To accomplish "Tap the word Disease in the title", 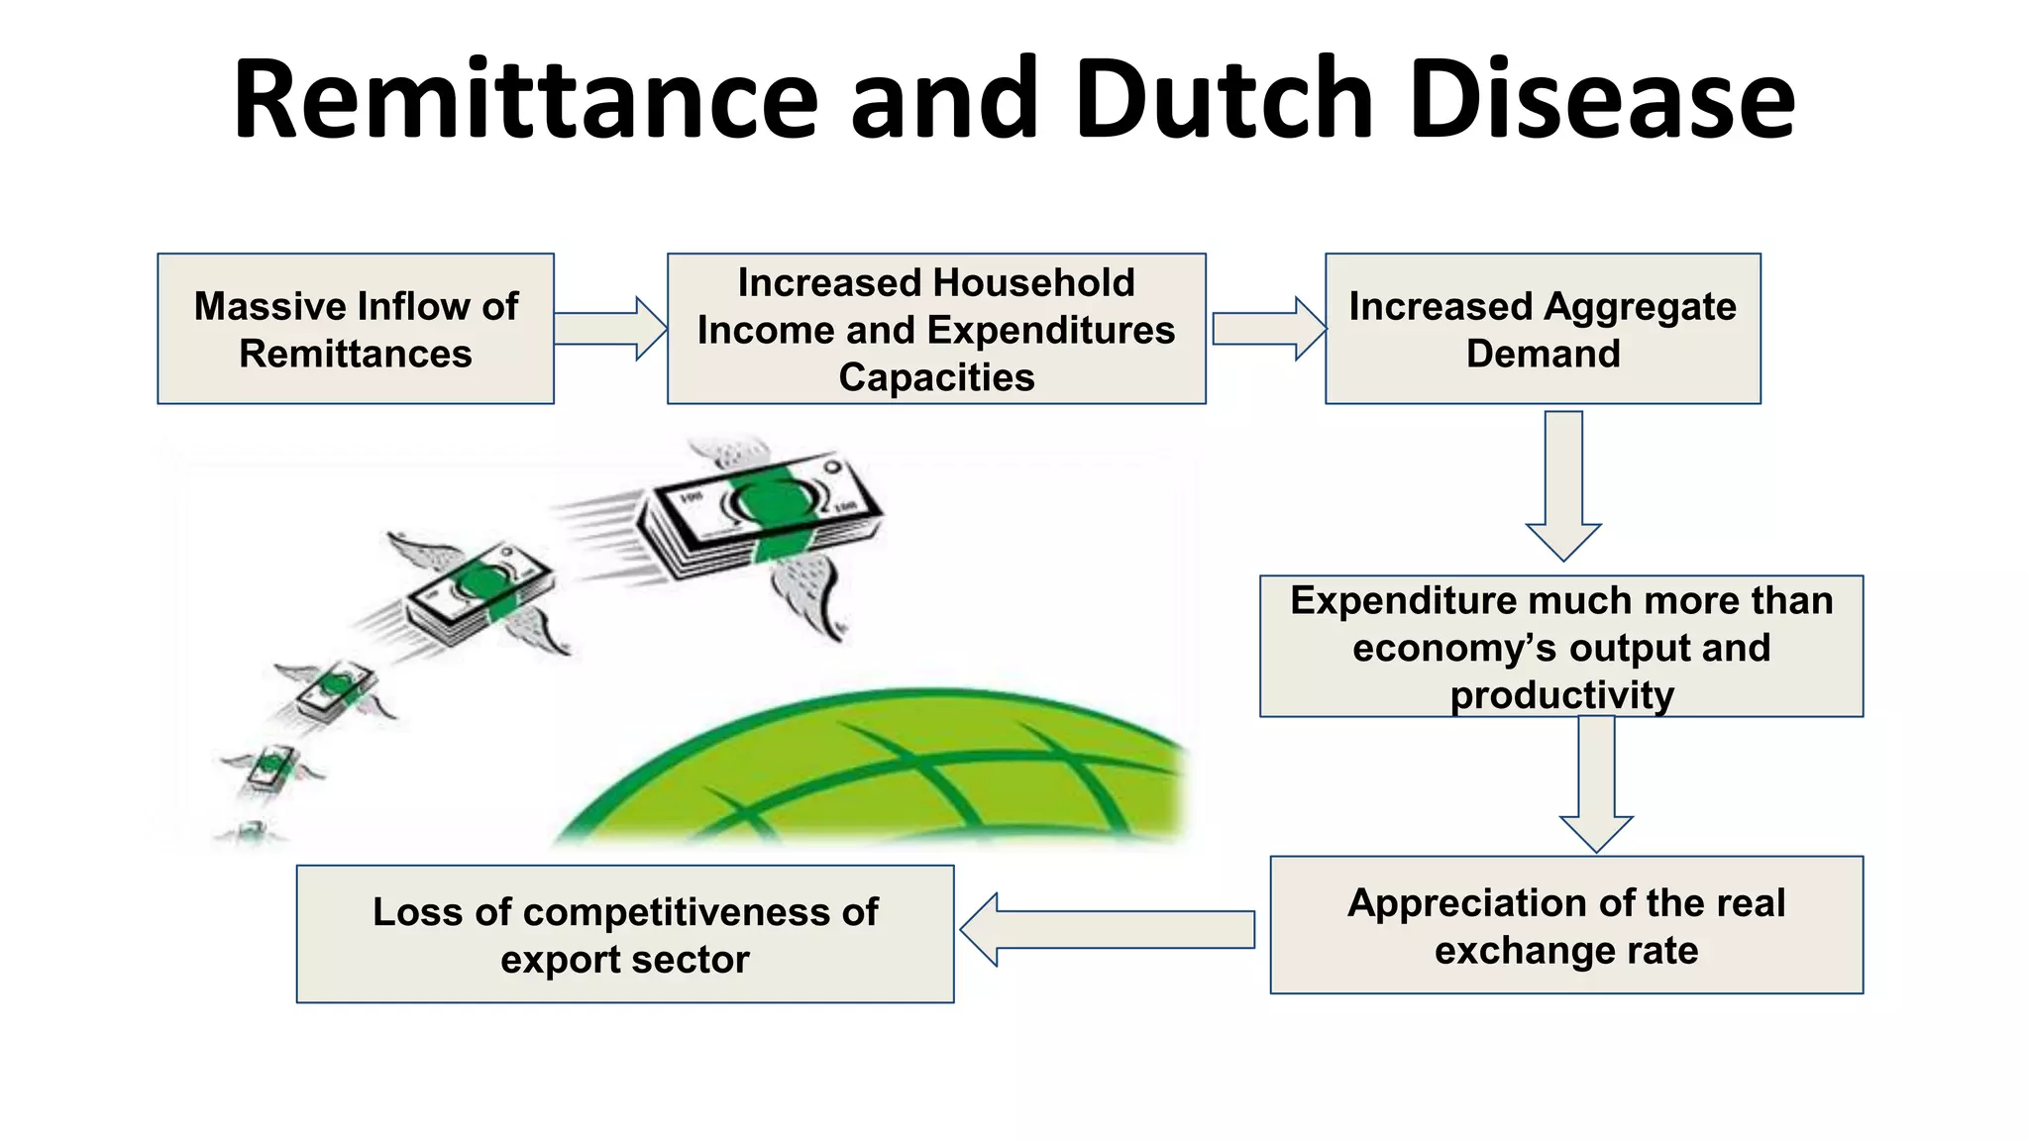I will [x=1601, y=100].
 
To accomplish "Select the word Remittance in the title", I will [x=525, y=100].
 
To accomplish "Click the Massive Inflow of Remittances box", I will [x=356, y=329].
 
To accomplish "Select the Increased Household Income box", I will [x=936, y=329].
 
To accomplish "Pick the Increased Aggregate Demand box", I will [x=1543, y=329].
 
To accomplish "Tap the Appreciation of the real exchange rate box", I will [x=1566, y=925].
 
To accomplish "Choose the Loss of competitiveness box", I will [x=625, y=934].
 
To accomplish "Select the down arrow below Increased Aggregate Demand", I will [x=1563, y=485].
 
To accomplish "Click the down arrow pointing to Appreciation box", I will [x=1596, y=782].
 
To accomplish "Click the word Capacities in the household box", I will [x=936, y=377].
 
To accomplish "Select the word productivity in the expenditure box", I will [x=1562, y=695].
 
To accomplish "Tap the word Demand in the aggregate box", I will [x=1543, y=354].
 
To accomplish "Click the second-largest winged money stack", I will [x=481, y=594].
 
